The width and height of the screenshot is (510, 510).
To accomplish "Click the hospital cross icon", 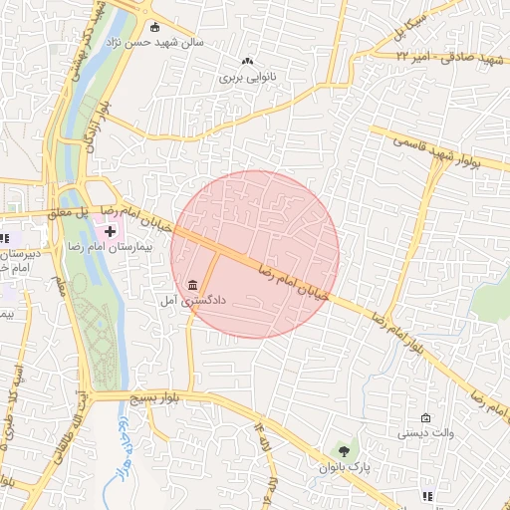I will [x=111, y=230].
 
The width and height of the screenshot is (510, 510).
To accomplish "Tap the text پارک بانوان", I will [x=349, y=466].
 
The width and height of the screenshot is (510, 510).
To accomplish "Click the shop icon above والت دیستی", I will [x=426, y=418].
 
